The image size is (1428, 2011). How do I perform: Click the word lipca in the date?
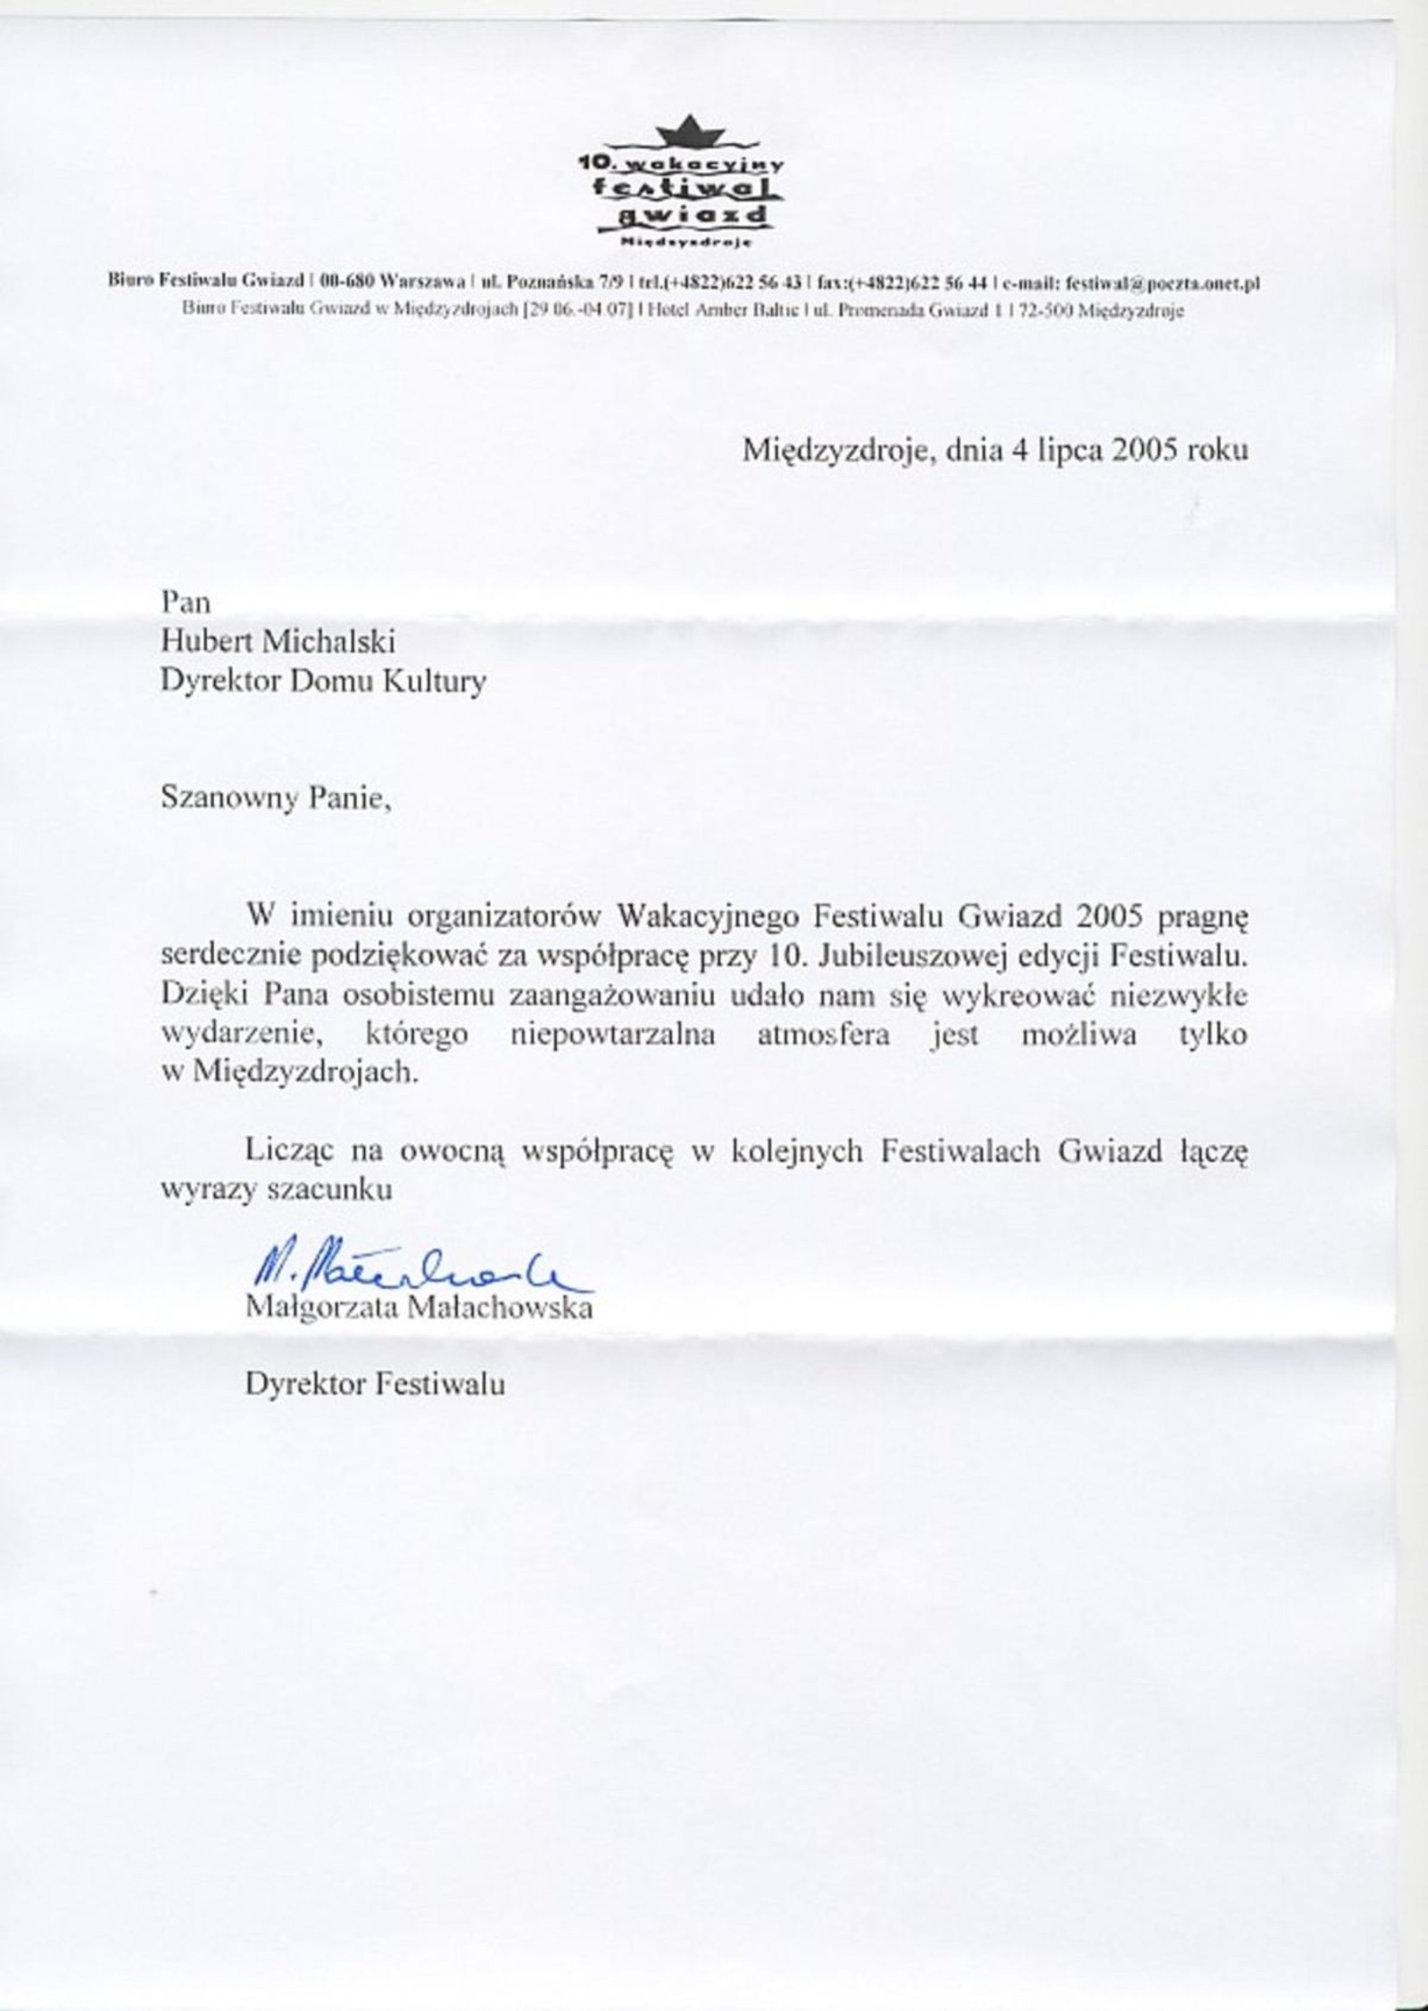(x=1069, y=450)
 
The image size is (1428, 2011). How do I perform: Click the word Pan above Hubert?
(x=185, y=602)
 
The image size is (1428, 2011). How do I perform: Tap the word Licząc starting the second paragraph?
(x=289, y=1151)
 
